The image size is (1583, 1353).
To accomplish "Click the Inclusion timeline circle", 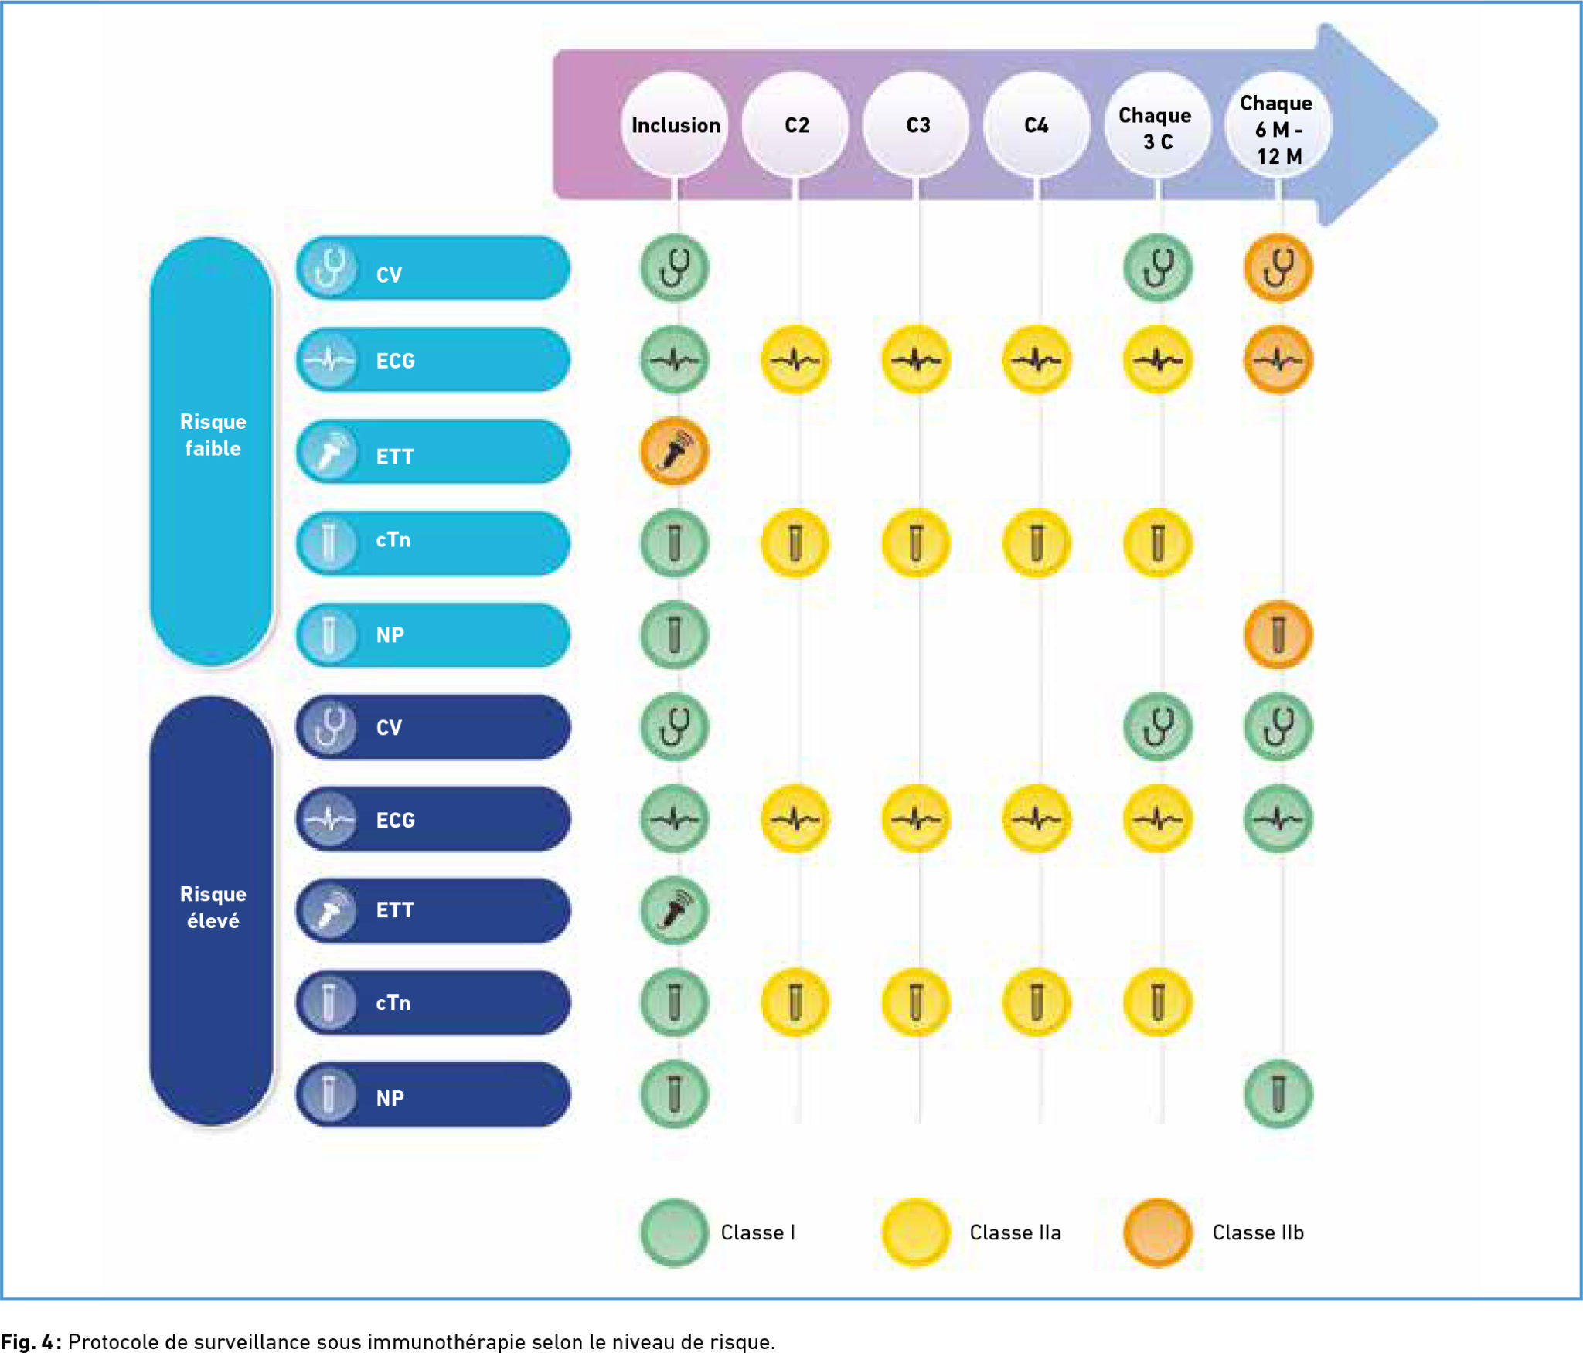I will click(x=674, y=124).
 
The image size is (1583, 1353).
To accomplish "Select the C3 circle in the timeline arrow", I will click(x=917, y=124).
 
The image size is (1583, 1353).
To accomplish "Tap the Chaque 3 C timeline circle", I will click(x=1157, y=126).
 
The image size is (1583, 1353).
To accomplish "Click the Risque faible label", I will click(x=212, y=436).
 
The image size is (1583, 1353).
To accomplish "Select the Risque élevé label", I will click(x=212, y=907).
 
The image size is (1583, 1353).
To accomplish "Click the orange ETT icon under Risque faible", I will click(x=674, y=451).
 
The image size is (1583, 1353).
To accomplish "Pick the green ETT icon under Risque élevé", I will click(x=674, y=910).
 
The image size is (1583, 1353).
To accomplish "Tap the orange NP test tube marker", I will click(x=1278, y=635).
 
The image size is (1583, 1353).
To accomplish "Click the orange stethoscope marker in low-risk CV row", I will click(x=1278, y=268).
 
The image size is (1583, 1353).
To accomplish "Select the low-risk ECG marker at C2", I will click(x=795, y=360).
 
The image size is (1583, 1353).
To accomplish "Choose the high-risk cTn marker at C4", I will click(x=1037, y=1002).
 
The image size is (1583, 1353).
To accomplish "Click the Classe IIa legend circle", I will click(x=916, y=1232).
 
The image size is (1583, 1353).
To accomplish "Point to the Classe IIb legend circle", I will click(x=1157, y=1232).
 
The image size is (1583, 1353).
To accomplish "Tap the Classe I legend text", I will click(x=757, y=1232).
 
